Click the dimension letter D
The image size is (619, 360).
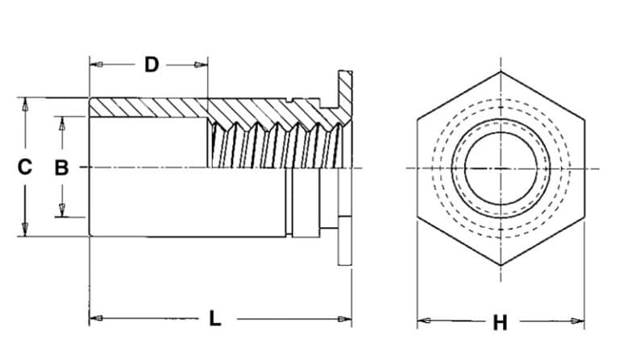[151, 64]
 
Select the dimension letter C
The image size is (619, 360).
[25, 168]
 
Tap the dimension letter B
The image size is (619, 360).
[61, 168]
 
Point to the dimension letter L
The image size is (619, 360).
[214, 318]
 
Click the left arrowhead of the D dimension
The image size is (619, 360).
[93, 64]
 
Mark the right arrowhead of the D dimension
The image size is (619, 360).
[203, 64]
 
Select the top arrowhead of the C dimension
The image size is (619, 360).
[25, 104]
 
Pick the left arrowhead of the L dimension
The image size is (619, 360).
[93, 319]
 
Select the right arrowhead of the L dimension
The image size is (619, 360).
[347, 319]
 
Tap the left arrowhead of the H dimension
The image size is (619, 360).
[422, 321]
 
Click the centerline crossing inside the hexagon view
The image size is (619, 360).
[500, 168]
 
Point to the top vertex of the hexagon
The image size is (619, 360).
[500, 72]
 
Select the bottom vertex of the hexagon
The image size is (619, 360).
[500, 265]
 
